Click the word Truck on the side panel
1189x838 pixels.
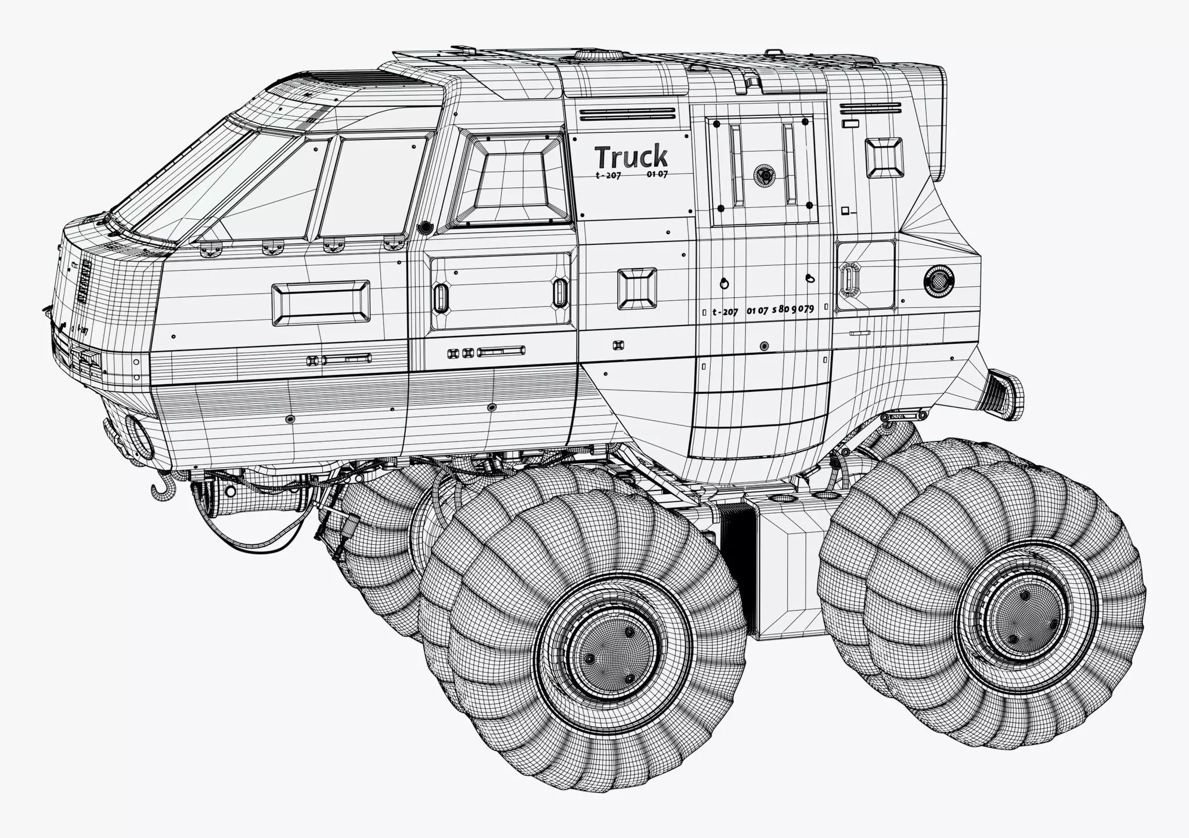(630, 157)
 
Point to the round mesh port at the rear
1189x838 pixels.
(938, 282)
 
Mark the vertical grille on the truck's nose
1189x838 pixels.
(84, 282)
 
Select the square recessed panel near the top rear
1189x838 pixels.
(884, 157)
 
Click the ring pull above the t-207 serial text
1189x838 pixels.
(724, 283)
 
